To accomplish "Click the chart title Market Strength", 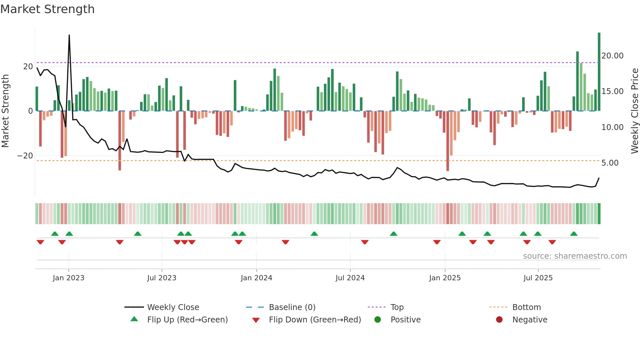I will coord(48,9).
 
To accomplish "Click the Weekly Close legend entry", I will coord(173,307).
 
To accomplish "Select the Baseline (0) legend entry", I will coord(292,307).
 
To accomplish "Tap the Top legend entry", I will coord(397,307).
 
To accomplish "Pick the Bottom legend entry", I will coord(526,307).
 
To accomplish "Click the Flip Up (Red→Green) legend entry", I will coord(187,319).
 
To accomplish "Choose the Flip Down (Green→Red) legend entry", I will coord(314,319).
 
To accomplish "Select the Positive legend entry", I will coord(405,319).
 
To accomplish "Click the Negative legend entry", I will coord(529,319).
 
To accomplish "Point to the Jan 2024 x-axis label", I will coord(256,278).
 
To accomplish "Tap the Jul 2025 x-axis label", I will coord(538,278).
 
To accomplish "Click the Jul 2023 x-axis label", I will coord(162,278).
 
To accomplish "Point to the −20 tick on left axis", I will coord(25,156).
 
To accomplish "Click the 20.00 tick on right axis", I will coord(612,56).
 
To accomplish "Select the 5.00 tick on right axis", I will coord(610,163).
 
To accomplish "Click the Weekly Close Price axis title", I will coord(634,111).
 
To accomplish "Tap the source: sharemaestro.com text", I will coord(575,256).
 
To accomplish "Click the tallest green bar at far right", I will coord(599,72).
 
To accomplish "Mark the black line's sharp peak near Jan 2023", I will coord(69,35).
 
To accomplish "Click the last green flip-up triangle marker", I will coord(574,234).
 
